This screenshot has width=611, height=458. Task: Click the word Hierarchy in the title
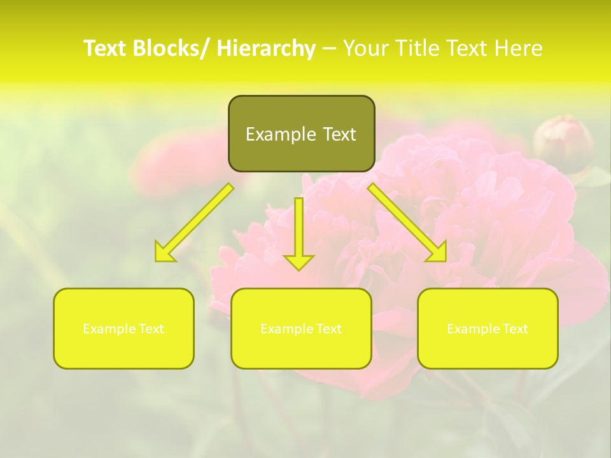point(266,48)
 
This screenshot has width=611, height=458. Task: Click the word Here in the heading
point(517,48)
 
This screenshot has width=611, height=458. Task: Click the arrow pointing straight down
point(299,229)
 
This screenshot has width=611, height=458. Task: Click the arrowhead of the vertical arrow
point(299,261)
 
